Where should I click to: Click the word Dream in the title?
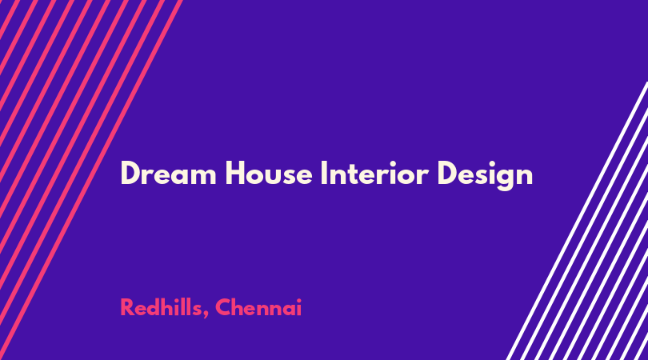point(168,173)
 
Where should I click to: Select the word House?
point(269,173)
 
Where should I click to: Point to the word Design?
point(485,175)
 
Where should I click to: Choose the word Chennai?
point(258,307)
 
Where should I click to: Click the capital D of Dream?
point(130,173)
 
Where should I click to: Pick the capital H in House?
point(234,173)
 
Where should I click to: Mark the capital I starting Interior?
point(324,173)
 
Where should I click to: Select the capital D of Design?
point(446,173)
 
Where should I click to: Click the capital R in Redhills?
point(127,307)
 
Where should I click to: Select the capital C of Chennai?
point(223,307)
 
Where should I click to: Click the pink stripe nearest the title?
point(91,180)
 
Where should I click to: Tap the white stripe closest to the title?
point(577,221)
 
